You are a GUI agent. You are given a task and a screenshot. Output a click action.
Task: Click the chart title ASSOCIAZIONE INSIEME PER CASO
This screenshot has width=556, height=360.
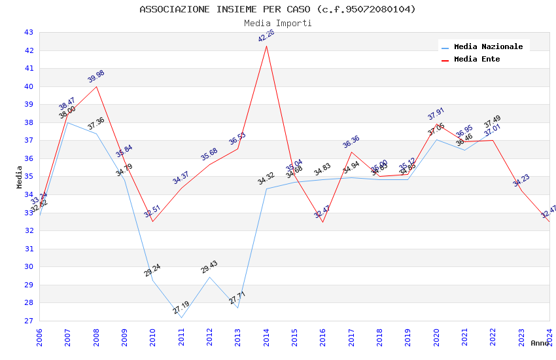pyautogui.click(x=277, y=9)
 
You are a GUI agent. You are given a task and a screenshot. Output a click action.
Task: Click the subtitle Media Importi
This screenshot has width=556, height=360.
pyautogui.click(x=277, y=23)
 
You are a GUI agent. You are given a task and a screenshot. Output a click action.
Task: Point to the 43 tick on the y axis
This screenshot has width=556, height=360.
pyautogui.click(x=28, y=32)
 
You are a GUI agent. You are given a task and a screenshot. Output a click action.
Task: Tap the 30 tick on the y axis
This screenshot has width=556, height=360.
pyautogui.click(x=28, y=266)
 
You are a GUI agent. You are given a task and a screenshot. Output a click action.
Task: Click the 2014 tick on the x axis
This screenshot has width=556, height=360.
pyautogui.click(x=266, y=338)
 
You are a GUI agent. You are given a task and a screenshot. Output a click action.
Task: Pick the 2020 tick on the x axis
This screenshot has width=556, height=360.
pyautogui.click(x=436, y=338)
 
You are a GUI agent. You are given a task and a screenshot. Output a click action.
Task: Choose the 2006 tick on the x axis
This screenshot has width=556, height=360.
pyautogui.click(x=39, y=338)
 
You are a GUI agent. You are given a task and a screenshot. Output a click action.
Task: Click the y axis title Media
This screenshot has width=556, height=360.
pyautogui.click(x=20, y=177)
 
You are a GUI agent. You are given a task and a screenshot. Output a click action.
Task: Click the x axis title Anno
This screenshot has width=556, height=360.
pyautogui.click(x=540, y=343)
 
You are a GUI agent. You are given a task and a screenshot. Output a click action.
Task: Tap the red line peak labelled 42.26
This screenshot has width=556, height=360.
pyautogui.click(x=266, y=46)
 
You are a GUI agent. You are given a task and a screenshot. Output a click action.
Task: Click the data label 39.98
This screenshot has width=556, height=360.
pyautogui.click(x=96, y=77)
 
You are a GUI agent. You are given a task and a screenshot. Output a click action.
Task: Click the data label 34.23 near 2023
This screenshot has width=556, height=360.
pyautogui.click(x=521, y=181)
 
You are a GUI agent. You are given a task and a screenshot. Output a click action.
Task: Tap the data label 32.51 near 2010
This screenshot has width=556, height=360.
pyautogui.click(x=152, y=211)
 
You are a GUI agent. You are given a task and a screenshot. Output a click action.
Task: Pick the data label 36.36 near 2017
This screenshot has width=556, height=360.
pyautogui.click(x=351, y=142)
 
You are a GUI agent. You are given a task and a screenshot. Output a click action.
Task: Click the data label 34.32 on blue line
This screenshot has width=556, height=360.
pyautogui.click(x=266, y=179)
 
